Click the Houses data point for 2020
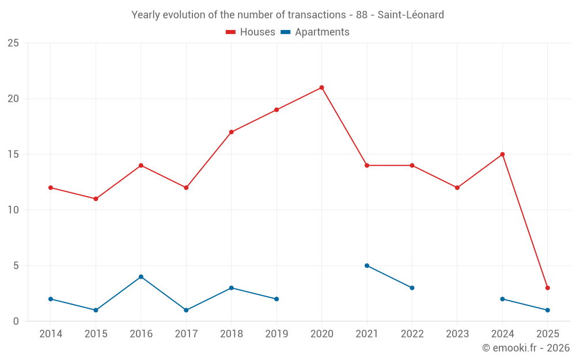[x=321, y=88]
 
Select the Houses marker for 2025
[x=547, y=288]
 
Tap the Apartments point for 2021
[x=367, y=266]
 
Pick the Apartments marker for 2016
[x=141, y=277]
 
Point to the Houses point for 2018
[x=231, y=132]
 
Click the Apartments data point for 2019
[x=276, y=299]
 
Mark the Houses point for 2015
[x=96, y=199]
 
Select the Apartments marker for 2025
[x=547, y=310]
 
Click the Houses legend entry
[x=251, y=32]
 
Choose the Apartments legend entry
[x=315, y=32]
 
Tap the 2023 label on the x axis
[x=457, y=334]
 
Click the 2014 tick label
[x=51, y=334]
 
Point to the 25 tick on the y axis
[x=13, y=43]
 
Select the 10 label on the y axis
[x=13, y=210]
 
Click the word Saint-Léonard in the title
[x=411, y=15]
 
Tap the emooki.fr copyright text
[x=525, y=348]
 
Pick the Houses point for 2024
[x=502, y=154]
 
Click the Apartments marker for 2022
[x=412, y=288]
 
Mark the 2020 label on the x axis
[x=321, y=334]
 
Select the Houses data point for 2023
[x=457, y=188]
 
